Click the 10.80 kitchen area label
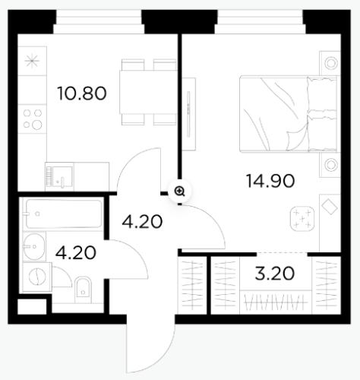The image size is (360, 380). click(x=82, y=93)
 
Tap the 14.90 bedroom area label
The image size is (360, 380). click(x=270, y=181)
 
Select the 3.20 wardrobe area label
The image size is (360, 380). click(x=275, y=274)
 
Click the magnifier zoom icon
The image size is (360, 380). click(x=180, y=192)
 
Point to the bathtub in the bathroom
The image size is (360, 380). click(x=64, y=214)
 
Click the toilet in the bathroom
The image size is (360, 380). click(x=83, y=290)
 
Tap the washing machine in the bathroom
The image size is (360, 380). click(x=37, y=277)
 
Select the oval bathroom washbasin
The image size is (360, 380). click(x=34, y=246)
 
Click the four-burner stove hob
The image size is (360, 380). click(x=33, y=119)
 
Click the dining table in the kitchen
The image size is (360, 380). click(x=148, y=92)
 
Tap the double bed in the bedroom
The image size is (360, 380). click(x=288, y=114)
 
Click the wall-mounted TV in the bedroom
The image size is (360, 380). click(x=188, y=114)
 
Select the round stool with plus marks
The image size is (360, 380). click(x=302, y=219)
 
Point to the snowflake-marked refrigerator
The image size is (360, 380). click(x=32, y=61)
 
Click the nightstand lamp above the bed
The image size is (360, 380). click(x=330, y=63)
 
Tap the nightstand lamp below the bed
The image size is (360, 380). click(x=330, y=165)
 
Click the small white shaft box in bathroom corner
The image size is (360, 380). click(x=32, y=307)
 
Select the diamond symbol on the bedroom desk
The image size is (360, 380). click(x=330, y=207)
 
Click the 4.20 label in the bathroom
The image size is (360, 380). click(x=76, y=253)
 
